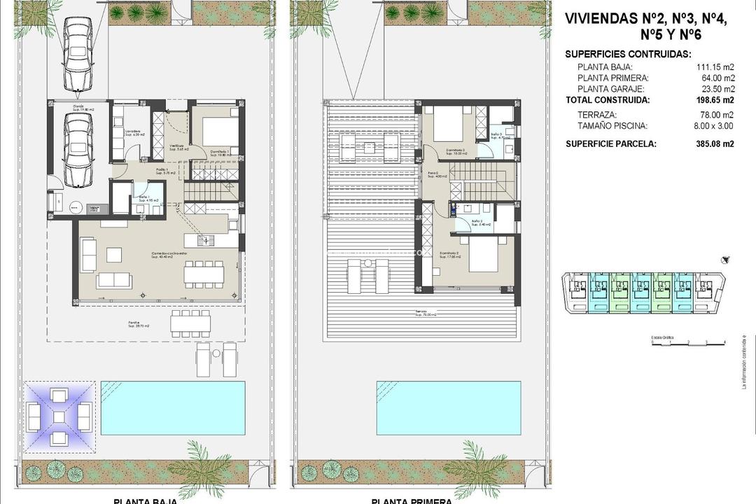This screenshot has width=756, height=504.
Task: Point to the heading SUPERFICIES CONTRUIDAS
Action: click(628, 54)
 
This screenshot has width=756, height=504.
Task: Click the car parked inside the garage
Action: click(78, 150)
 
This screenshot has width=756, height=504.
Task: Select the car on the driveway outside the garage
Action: click(78, 53)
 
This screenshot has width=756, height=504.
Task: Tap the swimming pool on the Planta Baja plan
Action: click(173, 407)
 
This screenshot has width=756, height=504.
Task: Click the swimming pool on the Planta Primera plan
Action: click(449, 407)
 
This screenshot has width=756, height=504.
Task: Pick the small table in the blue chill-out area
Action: click(59, 417)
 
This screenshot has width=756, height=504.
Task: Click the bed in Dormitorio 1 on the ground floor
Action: click(220, 131)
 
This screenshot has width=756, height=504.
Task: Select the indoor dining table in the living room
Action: click(204, 272)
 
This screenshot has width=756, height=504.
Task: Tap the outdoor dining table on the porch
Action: click(190, 323)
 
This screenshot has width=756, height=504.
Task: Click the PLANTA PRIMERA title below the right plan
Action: click(411, 500)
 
